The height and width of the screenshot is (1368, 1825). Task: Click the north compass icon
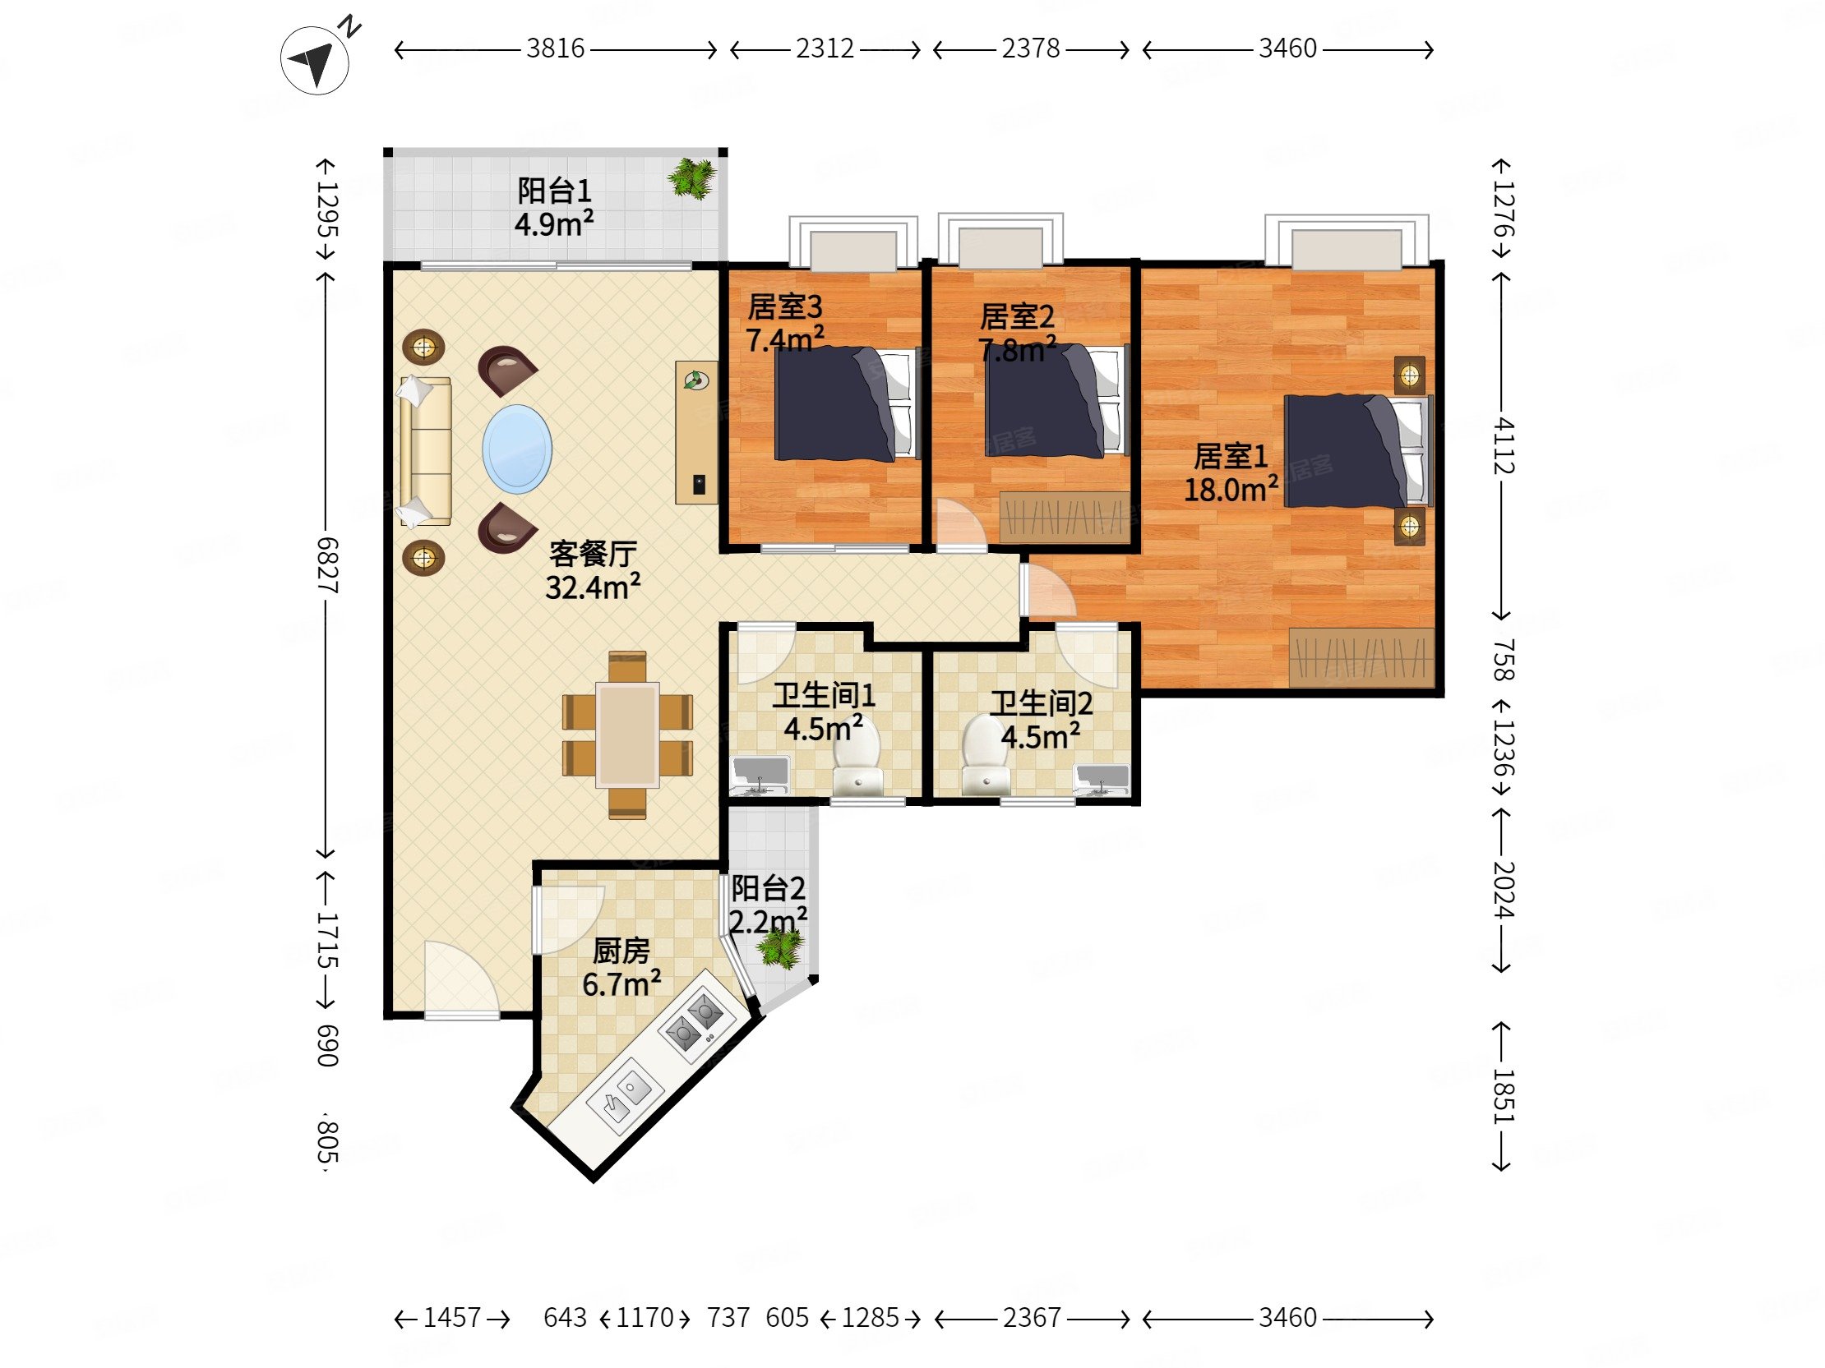tap(314, 60)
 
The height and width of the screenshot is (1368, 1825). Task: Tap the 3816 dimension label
tap(555, 48)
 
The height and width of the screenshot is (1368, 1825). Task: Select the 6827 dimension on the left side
tap(327, 565)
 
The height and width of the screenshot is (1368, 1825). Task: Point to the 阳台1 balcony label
tap(553, 191)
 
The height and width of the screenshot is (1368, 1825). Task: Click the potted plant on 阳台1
tap(691, 177)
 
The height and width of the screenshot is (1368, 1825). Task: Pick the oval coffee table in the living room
tap(517, 449)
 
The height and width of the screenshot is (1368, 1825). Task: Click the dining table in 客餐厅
tap(628, 734)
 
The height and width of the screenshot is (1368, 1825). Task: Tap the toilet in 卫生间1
tap(857, 758)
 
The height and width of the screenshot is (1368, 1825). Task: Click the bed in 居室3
tap(847, 403)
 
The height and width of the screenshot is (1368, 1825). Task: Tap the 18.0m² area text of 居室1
tap(1231, 490)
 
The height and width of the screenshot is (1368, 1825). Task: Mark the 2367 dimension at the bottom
tap(1032, 1318)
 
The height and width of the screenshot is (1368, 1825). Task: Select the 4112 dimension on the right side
tap(1504, 446)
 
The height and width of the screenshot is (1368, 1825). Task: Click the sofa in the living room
tap(426, 451)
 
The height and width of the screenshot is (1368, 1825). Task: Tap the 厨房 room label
tap(621, 951)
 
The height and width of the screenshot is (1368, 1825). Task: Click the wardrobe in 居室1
tap(1361, 657)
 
